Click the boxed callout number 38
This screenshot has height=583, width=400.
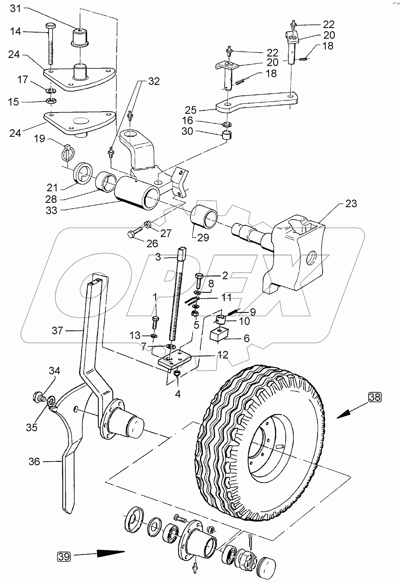[x=375, y=397]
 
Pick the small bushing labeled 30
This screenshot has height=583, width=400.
[x=226, y=136]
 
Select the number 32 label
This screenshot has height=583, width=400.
[x=154, y=82]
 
